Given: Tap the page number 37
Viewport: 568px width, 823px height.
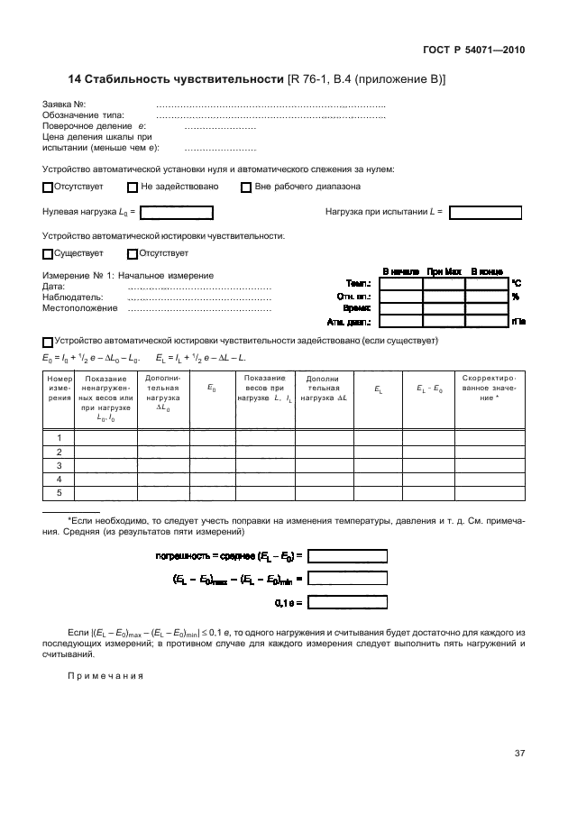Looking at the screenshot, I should [519, 754].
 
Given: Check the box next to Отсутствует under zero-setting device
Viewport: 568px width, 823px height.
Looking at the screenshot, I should [48, 187].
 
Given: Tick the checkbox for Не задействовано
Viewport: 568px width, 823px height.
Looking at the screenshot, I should [133, 187].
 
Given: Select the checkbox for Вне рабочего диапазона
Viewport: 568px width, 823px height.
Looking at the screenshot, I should [246, 187].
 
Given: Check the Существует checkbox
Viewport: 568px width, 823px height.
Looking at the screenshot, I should [48, 254].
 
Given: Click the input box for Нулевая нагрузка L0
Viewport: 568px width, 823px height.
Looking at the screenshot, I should [177, 213].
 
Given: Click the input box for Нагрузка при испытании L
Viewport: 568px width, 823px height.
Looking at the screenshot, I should [485, 213].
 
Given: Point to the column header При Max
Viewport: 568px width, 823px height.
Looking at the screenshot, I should [444, 271].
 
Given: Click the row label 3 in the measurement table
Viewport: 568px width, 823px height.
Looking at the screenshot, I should [59, 466].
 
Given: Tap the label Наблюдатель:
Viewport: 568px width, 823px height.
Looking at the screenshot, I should [73, 297].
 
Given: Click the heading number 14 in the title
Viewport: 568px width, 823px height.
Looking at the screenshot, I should [75, 79].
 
